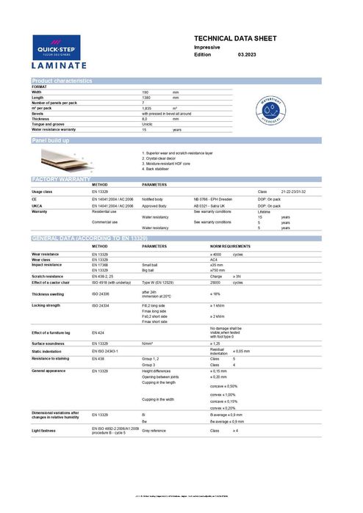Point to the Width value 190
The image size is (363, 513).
(145, 92)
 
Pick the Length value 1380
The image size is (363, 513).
(147, 98)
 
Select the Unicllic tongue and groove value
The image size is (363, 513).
(148, 124)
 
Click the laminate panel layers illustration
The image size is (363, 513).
(73, 156)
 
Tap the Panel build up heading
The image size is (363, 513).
(51, 139)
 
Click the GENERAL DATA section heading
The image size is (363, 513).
(88, 239)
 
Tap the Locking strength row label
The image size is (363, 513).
(46, 305)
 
